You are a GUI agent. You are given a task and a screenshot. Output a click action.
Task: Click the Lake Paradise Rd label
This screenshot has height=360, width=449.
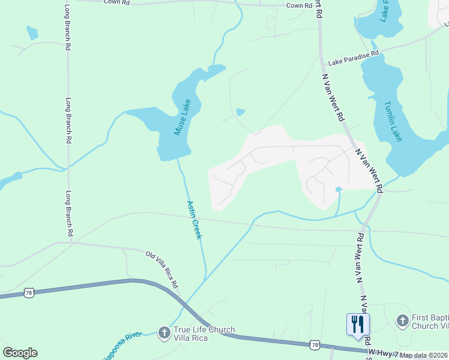tap(354, 58)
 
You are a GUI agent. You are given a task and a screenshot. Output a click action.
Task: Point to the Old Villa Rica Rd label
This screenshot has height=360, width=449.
tap(163, 268)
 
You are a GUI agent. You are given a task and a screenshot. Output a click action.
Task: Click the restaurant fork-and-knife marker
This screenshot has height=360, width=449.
tap(358, 325)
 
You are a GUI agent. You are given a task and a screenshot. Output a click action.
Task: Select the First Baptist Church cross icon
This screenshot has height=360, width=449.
tap(402, 320)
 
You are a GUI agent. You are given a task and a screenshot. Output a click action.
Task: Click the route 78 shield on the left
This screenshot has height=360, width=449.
tap(29, 292)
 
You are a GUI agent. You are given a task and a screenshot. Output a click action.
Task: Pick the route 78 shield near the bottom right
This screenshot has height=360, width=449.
tap(315, 344)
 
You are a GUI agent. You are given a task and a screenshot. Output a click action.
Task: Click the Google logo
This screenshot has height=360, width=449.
tap(20, 353)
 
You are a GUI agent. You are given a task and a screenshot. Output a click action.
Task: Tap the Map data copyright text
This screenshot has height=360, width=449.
tap(424, 355)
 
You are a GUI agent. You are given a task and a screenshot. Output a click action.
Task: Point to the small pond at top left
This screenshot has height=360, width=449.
tap(32, 34)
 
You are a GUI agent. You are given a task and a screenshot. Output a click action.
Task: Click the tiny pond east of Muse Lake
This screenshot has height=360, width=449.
tap(240, 112)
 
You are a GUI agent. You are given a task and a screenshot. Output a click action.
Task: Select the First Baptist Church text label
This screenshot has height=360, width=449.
tap(429, 321)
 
